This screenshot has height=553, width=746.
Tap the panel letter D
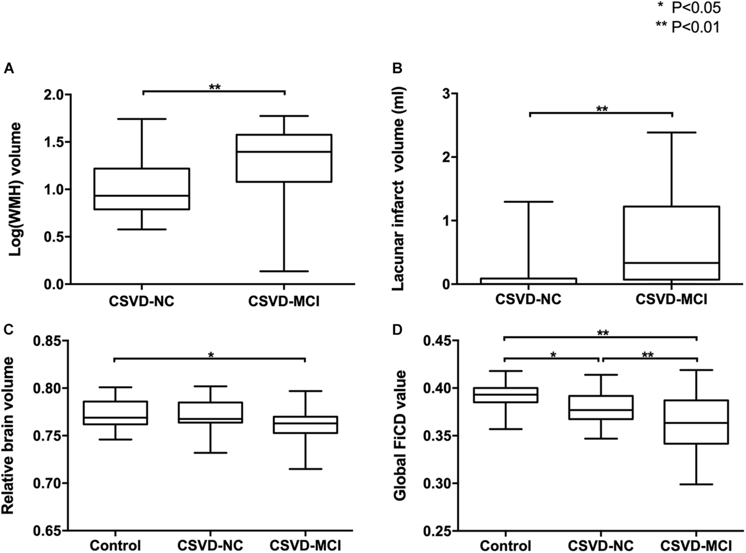point(397,330)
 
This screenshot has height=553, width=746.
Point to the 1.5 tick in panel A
point(54,142)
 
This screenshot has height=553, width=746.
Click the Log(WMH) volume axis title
point(15,190)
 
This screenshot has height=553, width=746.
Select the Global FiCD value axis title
point(400,435)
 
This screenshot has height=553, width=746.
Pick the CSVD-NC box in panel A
point(142,189)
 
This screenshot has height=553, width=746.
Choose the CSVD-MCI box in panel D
point(696,422)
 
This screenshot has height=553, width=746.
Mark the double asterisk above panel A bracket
point(215,87)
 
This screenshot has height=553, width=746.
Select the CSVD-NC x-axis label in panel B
point(528,299)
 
